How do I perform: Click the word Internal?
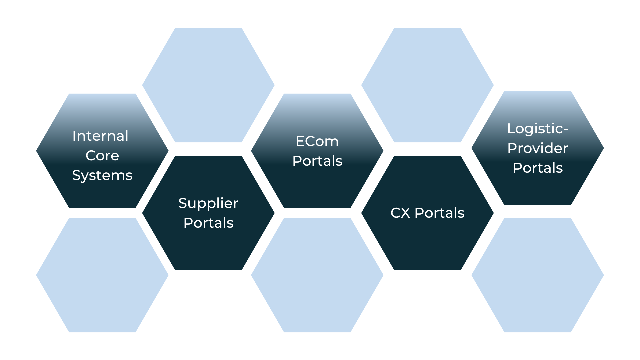click(x=100, y=136)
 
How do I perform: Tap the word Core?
click(x=102, y=156)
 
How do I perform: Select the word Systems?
click(x=102, y=175)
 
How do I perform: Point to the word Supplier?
click(x=208, y=203)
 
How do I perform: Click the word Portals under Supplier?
click(x=208, y=223)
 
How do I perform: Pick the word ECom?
click(x=317, y=141)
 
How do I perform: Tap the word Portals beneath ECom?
click(x=317, y=161)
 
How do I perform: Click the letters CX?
click(x=400, y=213)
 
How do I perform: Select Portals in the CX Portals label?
click(x=439, y=213)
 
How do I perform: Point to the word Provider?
click(x=537, y=148)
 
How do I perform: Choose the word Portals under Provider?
click(x=537, y=168)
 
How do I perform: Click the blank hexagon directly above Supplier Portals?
click(x=208, y=85)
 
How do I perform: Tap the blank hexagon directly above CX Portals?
click(x=427, y=85)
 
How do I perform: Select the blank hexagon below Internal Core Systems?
click(x=102, y=275)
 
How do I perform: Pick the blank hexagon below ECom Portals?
click(x=317, y=275)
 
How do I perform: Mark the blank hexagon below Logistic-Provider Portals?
click(x=537, y=275)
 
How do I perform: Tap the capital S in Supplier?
click(x=183, y=203)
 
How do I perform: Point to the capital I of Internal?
click(x=74, y=136)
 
